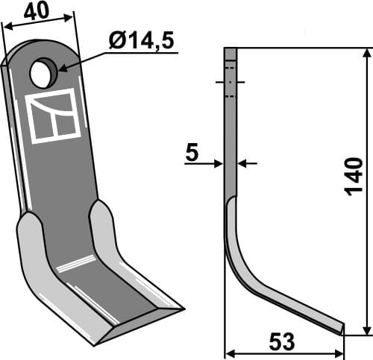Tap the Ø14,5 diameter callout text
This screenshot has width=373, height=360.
141,42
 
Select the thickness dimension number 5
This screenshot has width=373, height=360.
192,154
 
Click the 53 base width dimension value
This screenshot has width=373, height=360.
283,342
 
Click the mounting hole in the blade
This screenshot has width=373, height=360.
43,73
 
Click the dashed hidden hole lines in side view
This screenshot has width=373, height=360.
230,81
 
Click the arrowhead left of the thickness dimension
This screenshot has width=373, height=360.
219,163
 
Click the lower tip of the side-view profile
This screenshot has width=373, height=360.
342,328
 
